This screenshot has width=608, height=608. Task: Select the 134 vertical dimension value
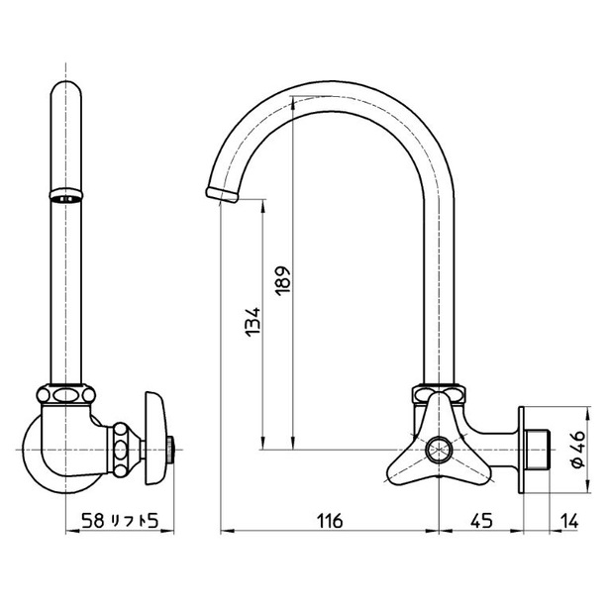(252, 325)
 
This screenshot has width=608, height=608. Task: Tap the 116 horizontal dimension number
(330, 520)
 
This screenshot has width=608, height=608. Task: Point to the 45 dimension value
(481, 520)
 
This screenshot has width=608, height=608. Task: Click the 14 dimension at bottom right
(570, 520)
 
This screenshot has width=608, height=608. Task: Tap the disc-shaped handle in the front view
(153, 442)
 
